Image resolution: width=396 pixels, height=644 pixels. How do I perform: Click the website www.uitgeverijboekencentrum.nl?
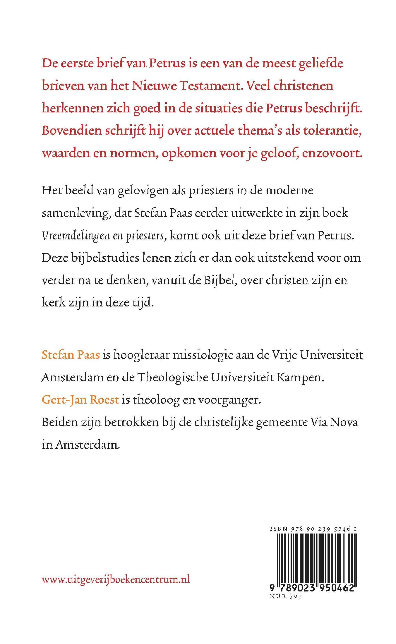click(116, 580)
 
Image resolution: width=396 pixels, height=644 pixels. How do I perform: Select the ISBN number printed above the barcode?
click(313, 528)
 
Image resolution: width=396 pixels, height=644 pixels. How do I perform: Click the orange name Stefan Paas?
click(71, 354)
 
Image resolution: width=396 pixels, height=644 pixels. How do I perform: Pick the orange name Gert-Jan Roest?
click(80, 400)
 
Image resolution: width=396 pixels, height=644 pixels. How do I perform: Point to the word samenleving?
click(76, 213)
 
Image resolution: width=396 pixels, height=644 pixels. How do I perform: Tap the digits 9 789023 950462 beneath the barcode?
click(312, 588)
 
